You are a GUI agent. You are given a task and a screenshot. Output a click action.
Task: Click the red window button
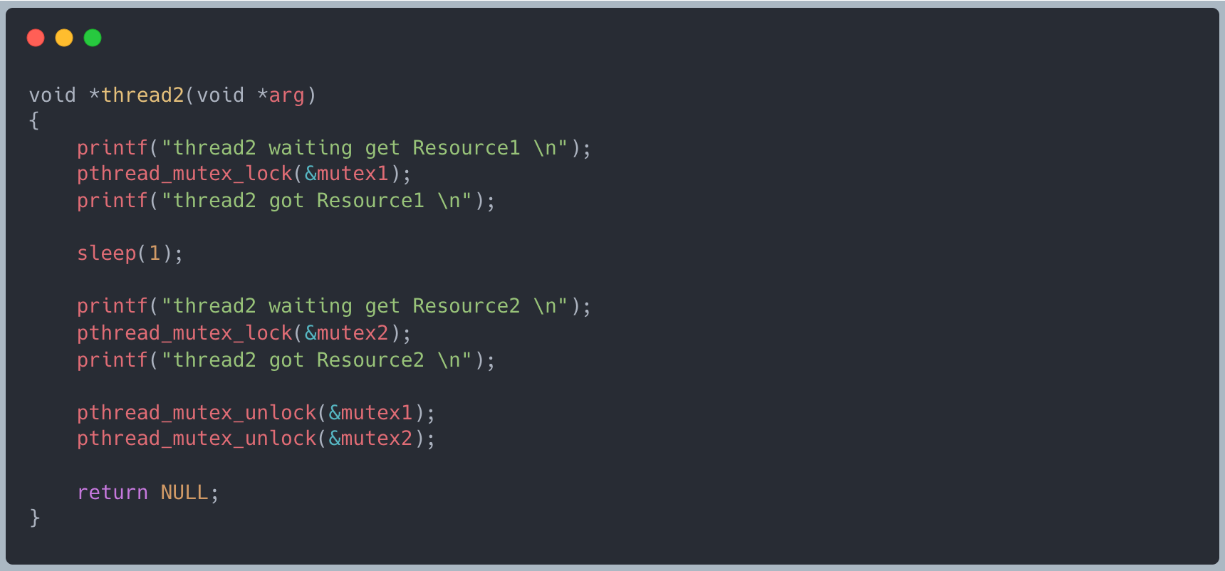[x=36, y=38]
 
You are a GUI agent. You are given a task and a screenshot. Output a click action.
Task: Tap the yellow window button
[x=64, y=38]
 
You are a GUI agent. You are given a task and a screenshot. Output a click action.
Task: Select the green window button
[x=93, y=38]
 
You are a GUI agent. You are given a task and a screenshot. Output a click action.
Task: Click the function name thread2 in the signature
[x=142, y=95]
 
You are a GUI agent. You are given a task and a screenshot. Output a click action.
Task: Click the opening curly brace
[x=34, y=121]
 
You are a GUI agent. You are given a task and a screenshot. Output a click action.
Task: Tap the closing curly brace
[x=34, y=518]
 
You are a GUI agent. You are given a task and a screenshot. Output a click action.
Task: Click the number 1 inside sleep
[x=155, y=253]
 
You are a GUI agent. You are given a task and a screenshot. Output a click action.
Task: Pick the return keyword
[x=113, y=493]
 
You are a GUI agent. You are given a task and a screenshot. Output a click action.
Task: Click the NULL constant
[x=184, y=493]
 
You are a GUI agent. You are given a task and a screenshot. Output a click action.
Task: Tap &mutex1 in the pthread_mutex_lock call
[x=347, y=174]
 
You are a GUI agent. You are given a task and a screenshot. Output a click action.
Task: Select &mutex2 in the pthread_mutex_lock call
[x=347, y=333]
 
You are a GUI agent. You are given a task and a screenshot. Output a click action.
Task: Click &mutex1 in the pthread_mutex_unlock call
[x=370, y=413]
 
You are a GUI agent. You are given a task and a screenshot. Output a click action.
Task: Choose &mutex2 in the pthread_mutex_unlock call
[x=370, y=439]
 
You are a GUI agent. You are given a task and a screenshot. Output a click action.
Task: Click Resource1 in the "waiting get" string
[x=466, y=148]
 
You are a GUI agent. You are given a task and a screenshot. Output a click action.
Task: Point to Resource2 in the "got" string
[x=370, y=360]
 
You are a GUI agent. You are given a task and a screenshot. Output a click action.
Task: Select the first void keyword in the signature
[x=53, y=95]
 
